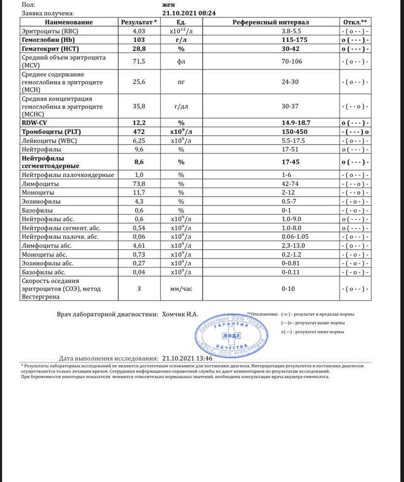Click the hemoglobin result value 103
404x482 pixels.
point(139,40)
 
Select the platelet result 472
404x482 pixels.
point(139,132)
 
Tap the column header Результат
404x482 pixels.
point(139,22)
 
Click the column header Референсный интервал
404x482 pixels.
point(270,22)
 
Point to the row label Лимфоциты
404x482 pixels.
point(41,184)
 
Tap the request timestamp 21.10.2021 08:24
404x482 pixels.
point(189,13)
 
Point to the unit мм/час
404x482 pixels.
point(181,289)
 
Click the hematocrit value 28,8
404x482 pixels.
point(139,49)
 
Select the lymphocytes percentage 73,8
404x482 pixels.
point(139,184)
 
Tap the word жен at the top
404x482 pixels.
point(169,5)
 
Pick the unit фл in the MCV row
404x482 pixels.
point(181,62)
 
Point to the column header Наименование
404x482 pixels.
point(69,22)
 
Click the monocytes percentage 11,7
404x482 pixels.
point(139,193)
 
